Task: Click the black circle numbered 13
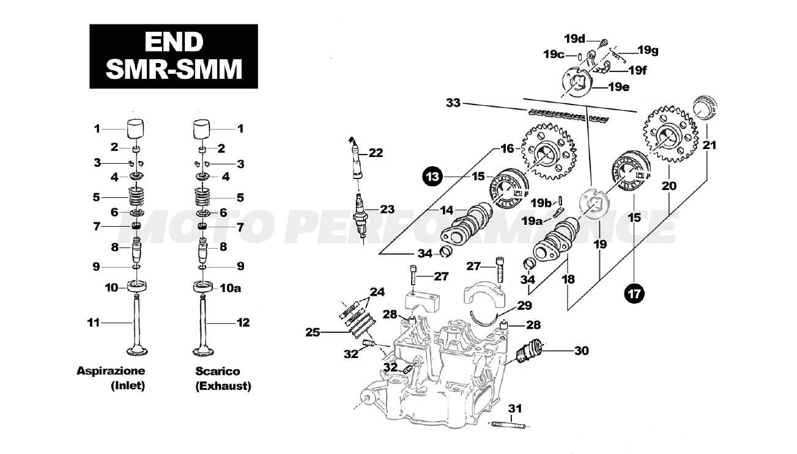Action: (x=432, y=177)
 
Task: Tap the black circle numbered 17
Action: (x=635, y=294)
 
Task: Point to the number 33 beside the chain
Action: (x=453, y=103)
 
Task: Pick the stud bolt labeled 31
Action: (x=509, y=425)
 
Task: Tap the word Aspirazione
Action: (x=111, y=371)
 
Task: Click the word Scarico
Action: (x=218, y=371)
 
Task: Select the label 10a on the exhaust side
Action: (x=230, y=288)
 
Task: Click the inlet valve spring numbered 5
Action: (x=136, y=197)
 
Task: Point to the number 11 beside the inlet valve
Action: (x=94, y=323)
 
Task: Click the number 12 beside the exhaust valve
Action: (x=243, y=323)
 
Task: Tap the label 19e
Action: (x=619, y=87)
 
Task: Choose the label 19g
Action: (x=648, y=51)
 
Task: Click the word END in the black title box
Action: (x=174, y=42)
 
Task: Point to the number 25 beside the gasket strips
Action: (x=313, y=332)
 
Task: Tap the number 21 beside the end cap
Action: (x=709, y=145)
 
